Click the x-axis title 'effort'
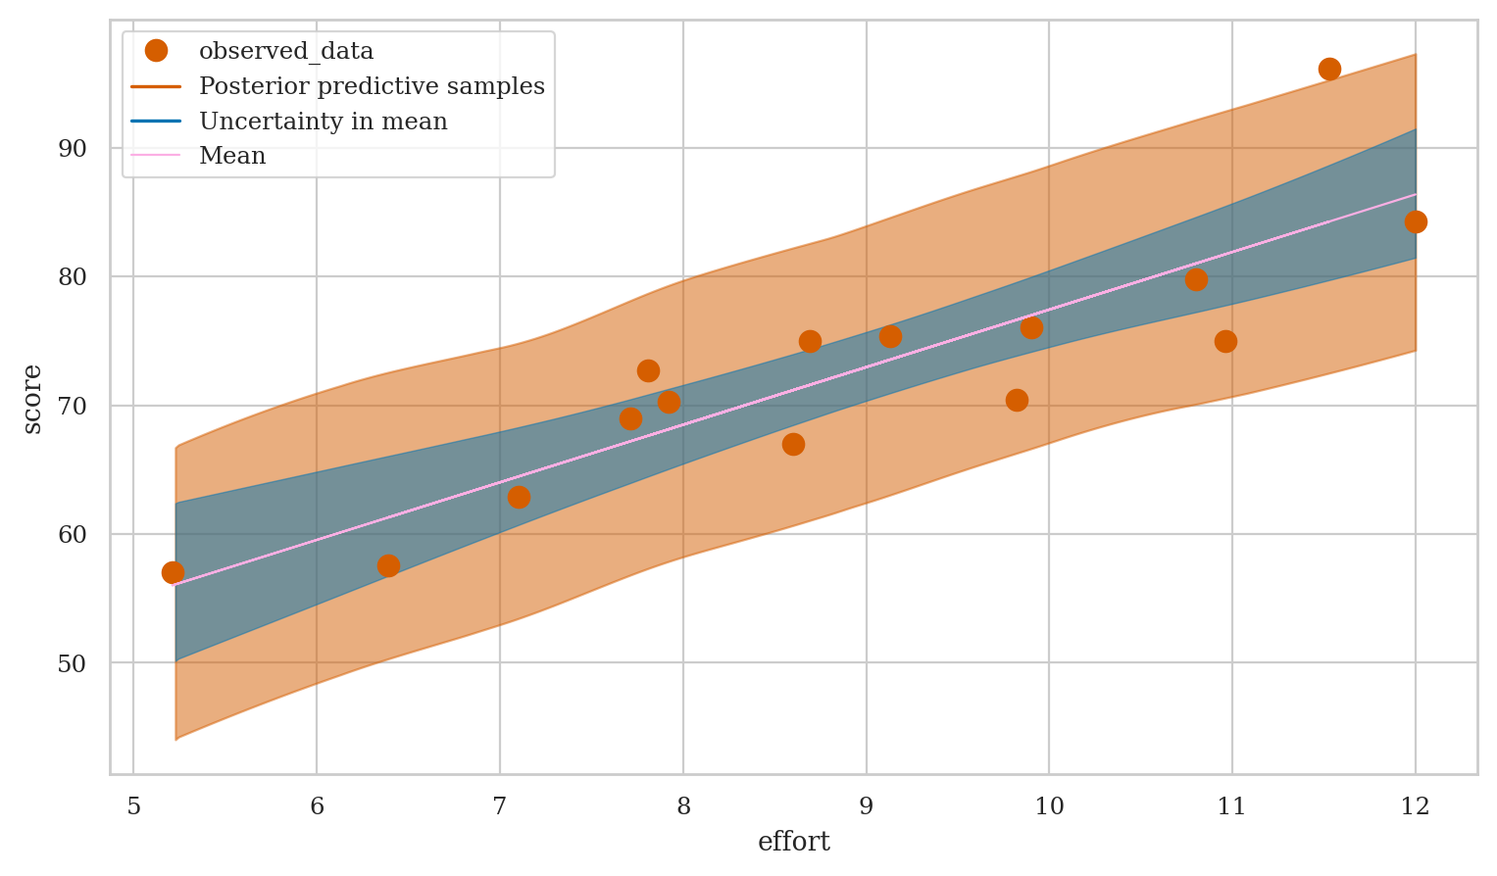(793, 842)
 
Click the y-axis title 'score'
(32, 399)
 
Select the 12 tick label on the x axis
(1415, 806)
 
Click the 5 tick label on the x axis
(133, 806)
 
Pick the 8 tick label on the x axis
(683, 806)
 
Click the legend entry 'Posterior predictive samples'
(372, 86)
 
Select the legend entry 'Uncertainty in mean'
(323, 122)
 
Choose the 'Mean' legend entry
(232, 156)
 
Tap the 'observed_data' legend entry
(285, 51)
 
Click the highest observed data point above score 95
(1329, 69)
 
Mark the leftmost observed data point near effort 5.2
(173, 572)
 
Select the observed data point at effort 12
(1415, 222)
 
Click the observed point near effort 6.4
(388, 565)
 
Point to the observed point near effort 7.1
(519, 497)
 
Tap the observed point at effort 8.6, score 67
(793, 444)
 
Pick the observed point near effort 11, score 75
(1225, 341)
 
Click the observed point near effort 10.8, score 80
(1196, 279)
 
